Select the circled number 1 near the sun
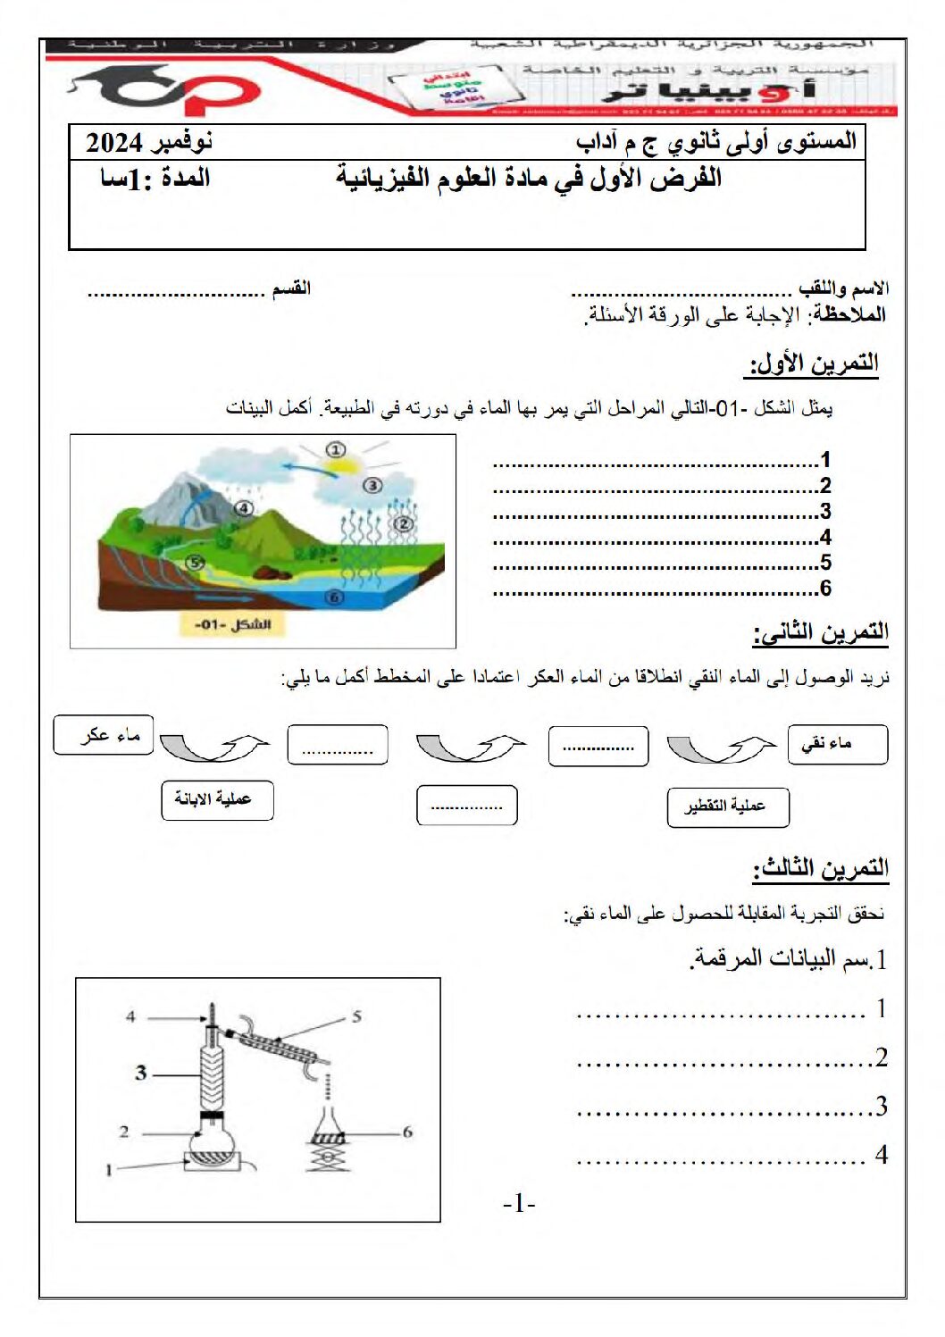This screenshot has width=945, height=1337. click(x=335, y=449)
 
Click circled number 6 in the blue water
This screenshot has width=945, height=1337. click(x=334, y=597)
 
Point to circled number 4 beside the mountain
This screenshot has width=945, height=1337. click(x=244, y=508)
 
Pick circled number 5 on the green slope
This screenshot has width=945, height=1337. click(x=196, y=562)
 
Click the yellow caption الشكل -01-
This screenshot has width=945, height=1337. click(x=232, y=623)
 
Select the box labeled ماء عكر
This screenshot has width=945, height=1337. click(x=104, y=735)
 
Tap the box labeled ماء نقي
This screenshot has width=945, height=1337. click(x=838, y=744)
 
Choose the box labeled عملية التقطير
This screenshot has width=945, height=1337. click(x=728, y=807)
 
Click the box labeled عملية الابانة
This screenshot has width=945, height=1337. click(x=217, y=799)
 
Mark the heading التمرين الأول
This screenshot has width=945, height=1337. click(x=813, y=363)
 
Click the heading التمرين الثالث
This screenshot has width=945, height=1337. click(x=820, y=868)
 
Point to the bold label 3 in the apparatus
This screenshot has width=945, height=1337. click(x=141, y=1073)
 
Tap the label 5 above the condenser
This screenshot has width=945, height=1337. click(x=356, y=1016)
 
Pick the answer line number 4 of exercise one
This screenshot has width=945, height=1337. click(x=661, y=538)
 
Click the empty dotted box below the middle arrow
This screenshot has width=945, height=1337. click(x=466, y=806)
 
